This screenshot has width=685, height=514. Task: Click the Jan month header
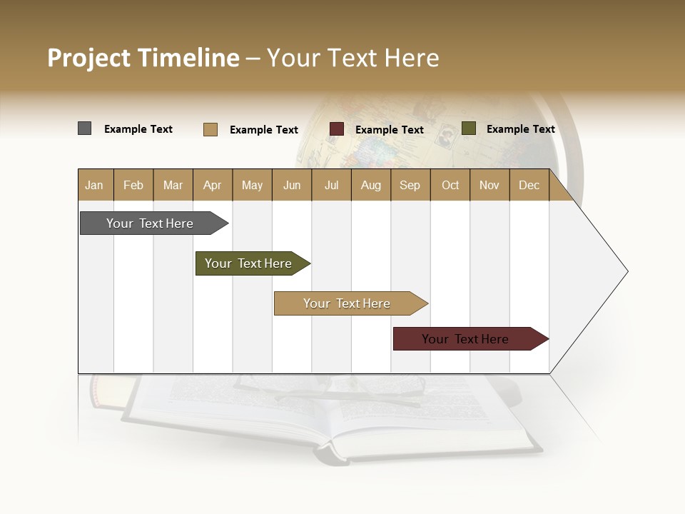pos(94,185)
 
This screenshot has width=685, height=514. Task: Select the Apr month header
pos(212,185)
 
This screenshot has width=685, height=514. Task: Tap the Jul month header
pos(331,185)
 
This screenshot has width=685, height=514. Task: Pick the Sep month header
pos(410,185)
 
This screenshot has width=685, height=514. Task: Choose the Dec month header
pos(529,185)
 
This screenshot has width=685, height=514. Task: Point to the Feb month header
pos(133,185)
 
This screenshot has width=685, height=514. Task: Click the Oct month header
pos(450,185)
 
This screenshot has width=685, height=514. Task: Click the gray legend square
pos(84,128)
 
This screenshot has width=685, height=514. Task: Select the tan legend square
pos(210,129)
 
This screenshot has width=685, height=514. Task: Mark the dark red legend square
pos(337,129)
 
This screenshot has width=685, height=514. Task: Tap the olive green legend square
pos(469,128)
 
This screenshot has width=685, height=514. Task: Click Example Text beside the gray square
pos(138,129)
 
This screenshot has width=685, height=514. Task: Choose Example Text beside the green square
pos(520,129)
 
